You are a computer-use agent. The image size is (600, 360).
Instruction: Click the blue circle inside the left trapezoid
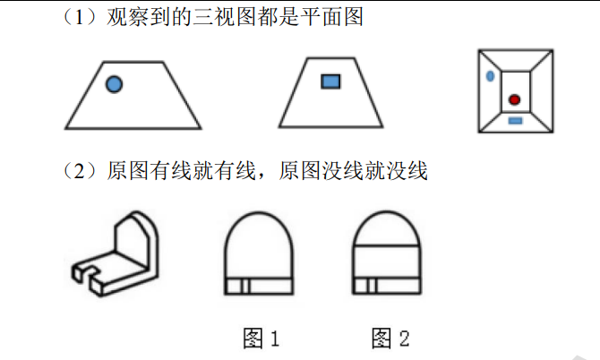pyautogui.click(x=114, y=85)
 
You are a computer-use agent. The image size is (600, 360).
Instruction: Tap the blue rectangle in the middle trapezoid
pyautogui.click(x=330, y=82)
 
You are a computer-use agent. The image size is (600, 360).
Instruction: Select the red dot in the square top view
pyautogui.click(x=514, y=99)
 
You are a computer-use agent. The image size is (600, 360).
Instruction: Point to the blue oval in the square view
pyautogui.click(x=490, y=76)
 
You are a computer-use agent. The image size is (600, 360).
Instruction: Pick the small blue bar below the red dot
pyautogui.click(x=515, y=120)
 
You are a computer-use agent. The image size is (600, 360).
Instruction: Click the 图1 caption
pyautogui.click(x=261, y=339)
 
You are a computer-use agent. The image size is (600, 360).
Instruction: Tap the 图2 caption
pyautogui.click(x=390, y=339)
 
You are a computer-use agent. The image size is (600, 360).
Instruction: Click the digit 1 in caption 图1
pyautogui.click(x=274, y=339)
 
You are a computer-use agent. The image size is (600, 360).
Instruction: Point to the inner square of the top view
pyautogui.click(x=514, y=90)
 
